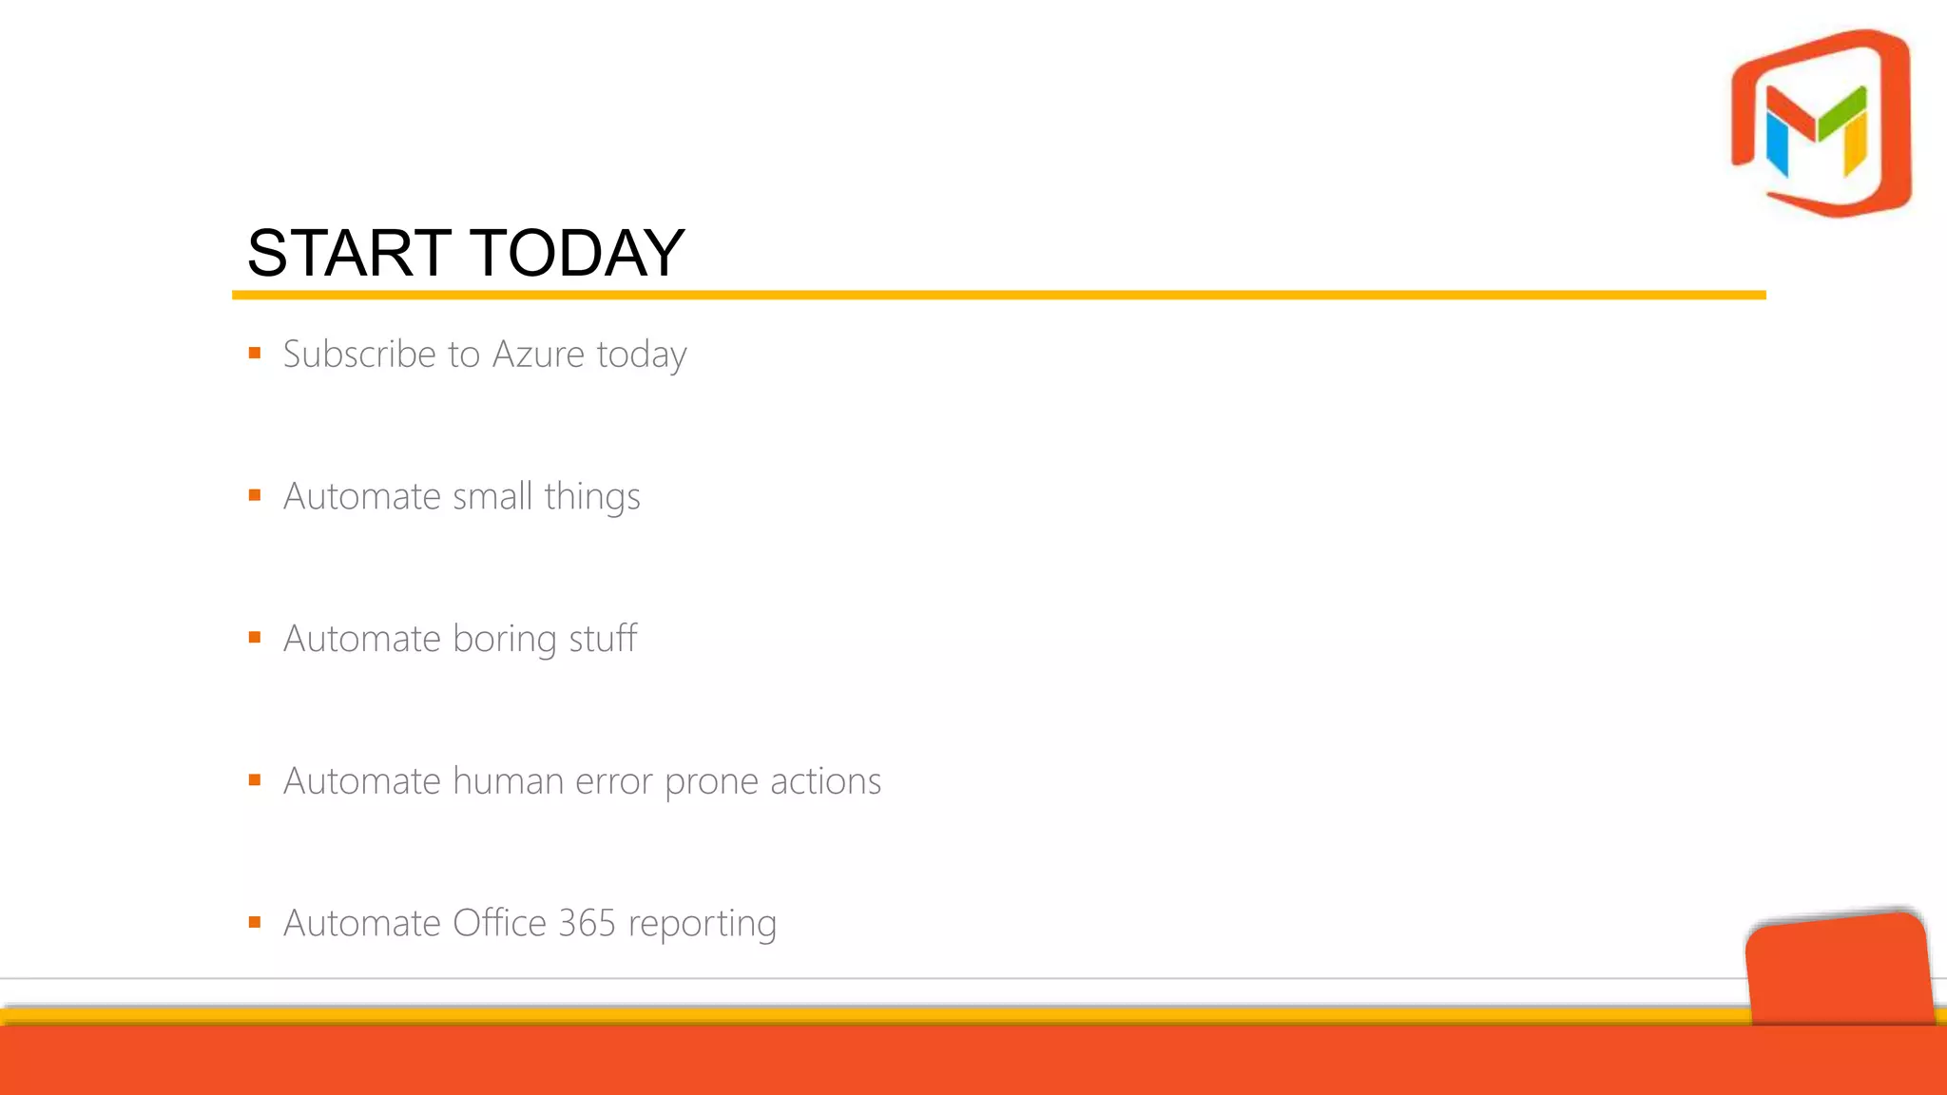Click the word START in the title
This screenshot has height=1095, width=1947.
tap(348, 254)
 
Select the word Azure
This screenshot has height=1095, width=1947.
tap(538, 355)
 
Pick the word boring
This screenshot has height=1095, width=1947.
tap(505, 640)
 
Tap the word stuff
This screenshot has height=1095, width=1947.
tap(603, 638)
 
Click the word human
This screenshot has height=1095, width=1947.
tap(508, 781)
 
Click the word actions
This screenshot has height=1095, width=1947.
tap(825, 781)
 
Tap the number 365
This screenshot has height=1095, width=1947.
tap(587, 923)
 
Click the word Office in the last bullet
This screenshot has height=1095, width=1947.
tap(499, 923)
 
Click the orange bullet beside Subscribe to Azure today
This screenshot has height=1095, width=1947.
tap(255, 354)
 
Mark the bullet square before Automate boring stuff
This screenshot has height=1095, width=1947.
tap(255, 638)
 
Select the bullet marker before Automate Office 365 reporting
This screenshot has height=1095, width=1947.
tap(255, 922)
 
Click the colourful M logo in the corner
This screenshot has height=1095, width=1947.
tap(1821, 124)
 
